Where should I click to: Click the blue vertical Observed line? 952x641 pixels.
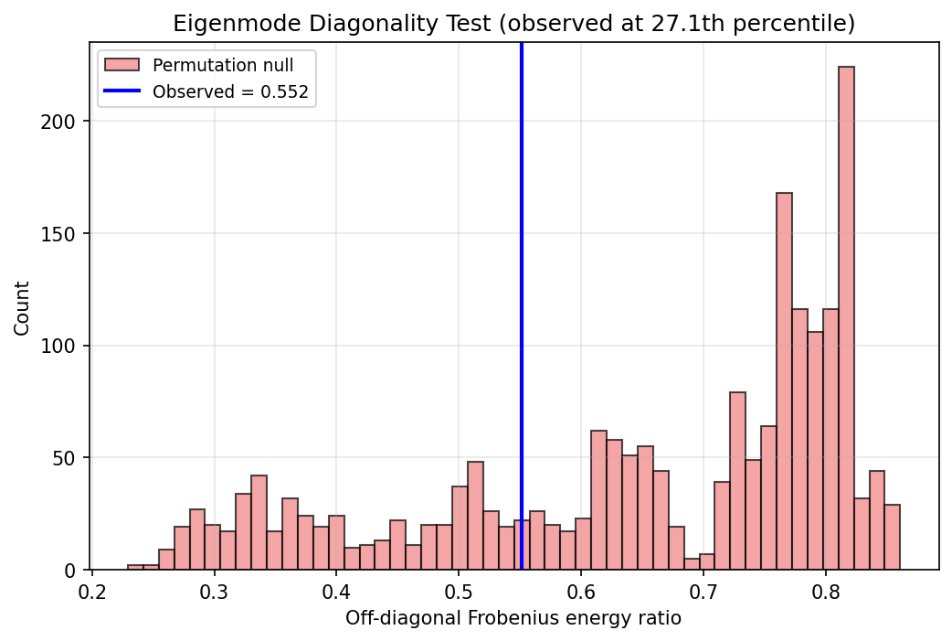(x=521, y=274)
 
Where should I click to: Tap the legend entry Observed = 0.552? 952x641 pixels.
(x=230, y=91)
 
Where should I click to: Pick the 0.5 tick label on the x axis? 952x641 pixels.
(x=459, y=590)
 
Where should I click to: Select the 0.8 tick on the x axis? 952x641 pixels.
(x=826, y=571)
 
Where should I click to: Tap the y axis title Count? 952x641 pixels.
(x=22, y=308)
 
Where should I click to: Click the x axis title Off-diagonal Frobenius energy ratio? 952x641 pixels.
(x=513, y=618)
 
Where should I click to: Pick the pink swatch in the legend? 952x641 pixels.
(x=122, y=65)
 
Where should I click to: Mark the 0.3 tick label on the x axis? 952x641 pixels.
(x=214, y=590)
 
